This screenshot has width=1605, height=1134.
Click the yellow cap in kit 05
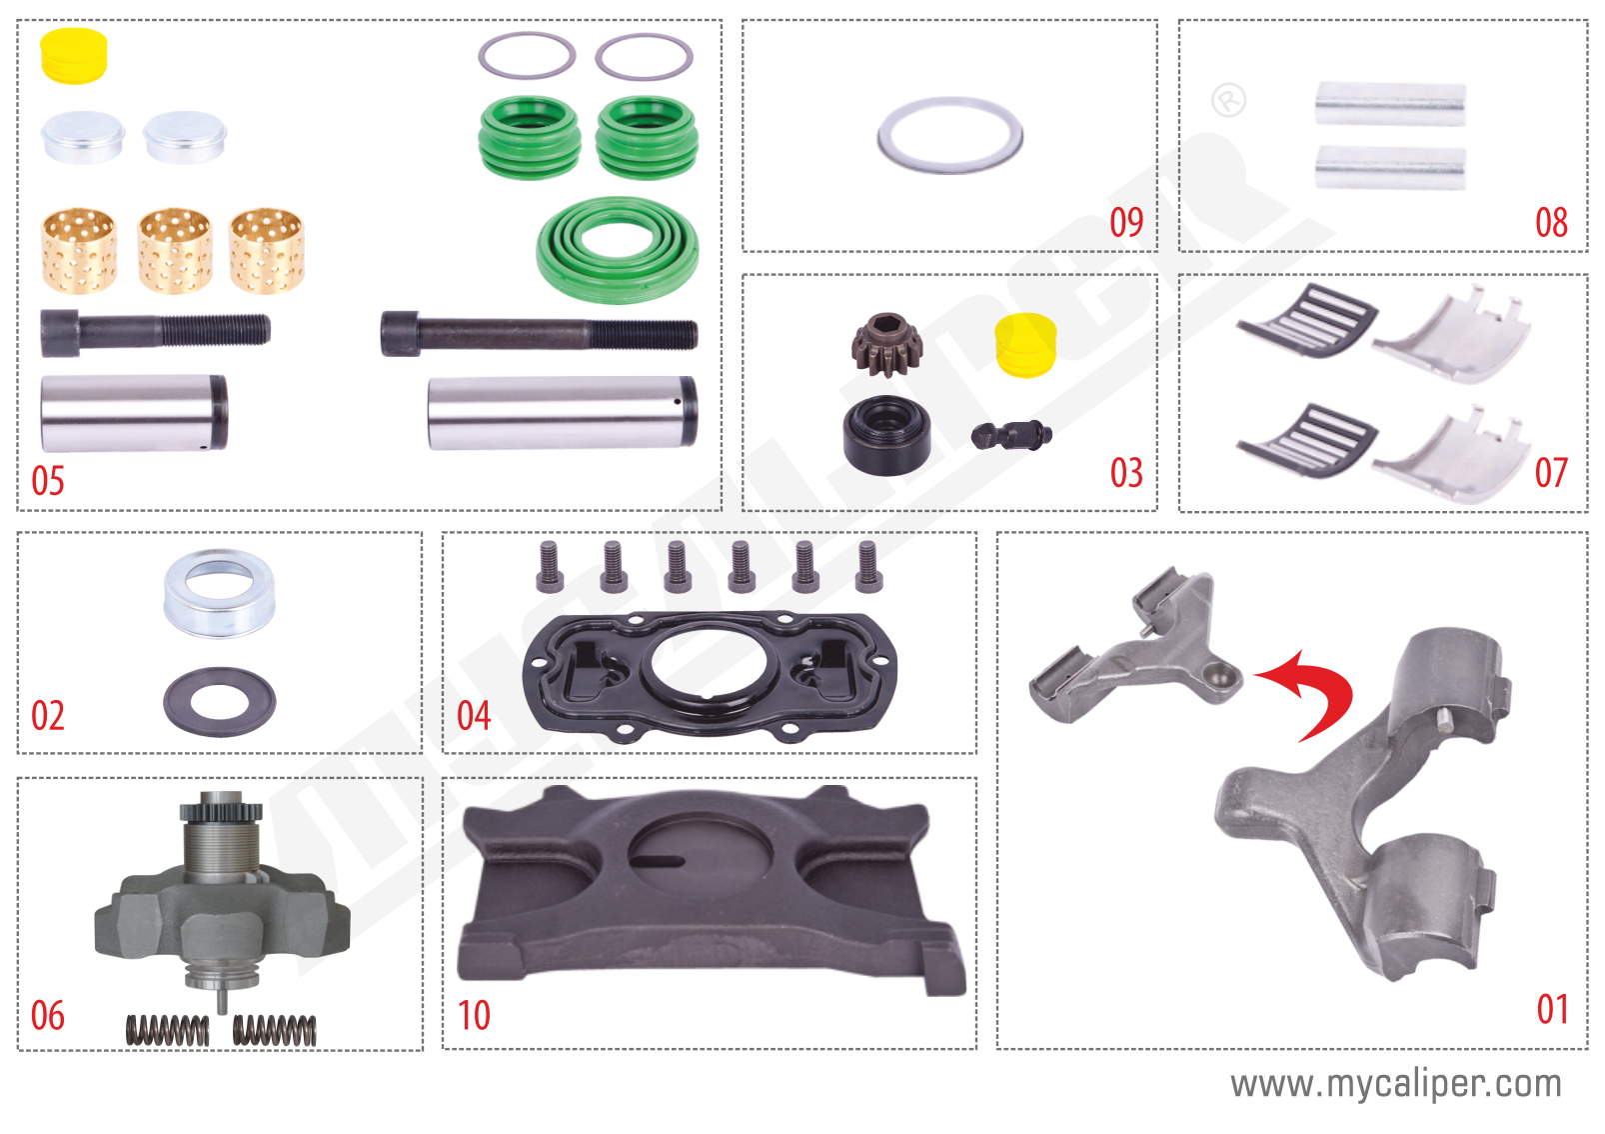click(x=74, y=55)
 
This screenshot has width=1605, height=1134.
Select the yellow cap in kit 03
click(x=1025, y=345)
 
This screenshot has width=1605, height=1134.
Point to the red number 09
click(x=1126, y=222)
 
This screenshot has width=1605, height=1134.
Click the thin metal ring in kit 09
click(x=949, y=135)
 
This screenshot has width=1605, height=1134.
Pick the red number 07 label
click(x=1551, y=473)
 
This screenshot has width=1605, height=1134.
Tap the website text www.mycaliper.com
click(x=1395, y=1084)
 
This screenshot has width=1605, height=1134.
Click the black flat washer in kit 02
click(x=219, y=701)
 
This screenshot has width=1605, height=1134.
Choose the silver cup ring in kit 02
click(x=219, y=592)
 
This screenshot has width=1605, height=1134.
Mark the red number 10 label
click(x=474, y=1016)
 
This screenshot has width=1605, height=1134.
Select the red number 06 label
click(x=47, y=1016)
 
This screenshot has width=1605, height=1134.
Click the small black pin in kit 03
click(x=1011, y=435)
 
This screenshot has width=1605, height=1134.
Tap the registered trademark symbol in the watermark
click(x=1228, y=100)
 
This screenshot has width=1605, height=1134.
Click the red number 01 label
click(x=1552, y=1009)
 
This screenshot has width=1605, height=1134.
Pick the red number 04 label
click(x=474, y=716)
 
